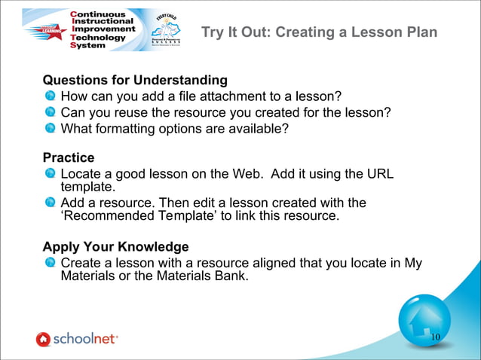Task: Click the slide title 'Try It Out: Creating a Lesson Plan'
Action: tap(319, 34)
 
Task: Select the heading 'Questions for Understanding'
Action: tap(135, 80)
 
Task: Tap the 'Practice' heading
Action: tap(69, 157)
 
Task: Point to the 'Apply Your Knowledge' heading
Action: tap(115, 246)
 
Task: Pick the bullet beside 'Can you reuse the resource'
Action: tap(50, 112)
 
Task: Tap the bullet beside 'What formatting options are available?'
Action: tap(50, 128)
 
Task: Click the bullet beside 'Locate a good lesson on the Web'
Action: tap(50, 174)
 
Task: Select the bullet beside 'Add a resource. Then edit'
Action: tap(50, 203)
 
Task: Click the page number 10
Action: tap(436, 337)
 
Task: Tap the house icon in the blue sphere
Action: tap(423, 322)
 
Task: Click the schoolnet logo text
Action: tap(84, 339)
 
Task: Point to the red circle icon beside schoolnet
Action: tap(43, 340)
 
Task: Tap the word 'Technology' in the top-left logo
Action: tap(97, 36)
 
